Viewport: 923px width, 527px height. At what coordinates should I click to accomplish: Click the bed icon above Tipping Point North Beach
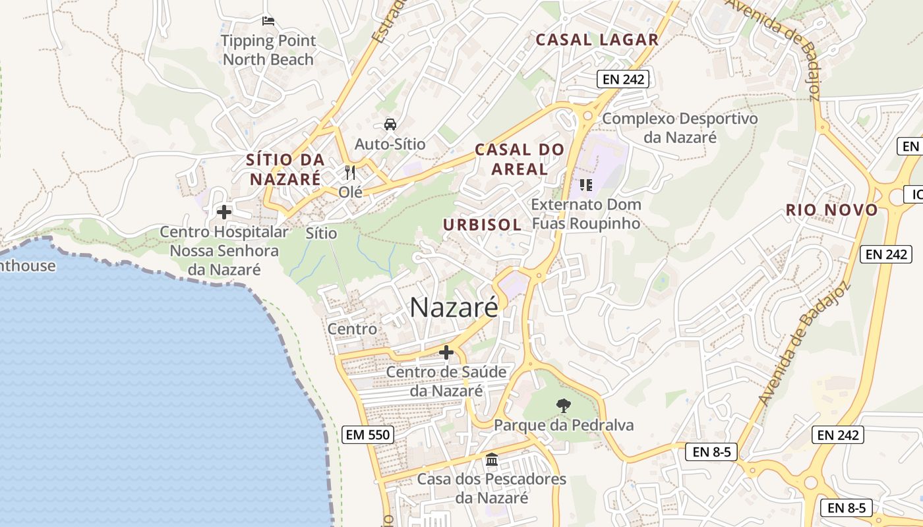pyautogui.click(x=268, y=21)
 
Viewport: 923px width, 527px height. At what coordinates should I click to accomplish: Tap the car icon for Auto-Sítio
pyautogui.click(x=390, y=124)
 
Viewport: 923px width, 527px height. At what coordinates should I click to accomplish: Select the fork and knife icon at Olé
pyautogui.click(x=350, y=173)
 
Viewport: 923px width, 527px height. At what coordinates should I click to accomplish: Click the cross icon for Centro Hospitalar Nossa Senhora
pyautogui.click(x=224, y=212)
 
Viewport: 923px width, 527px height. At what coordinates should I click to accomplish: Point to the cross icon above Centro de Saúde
pyautogui.click(x=446, y=352)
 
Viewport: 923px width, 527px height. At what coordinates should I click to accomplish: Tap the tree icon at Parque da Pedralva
pyautogui.click(x=563, y=405)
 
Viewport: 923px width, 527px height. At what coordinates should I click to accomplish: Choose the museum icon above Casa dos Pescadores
pyautogui.click(x=491, y=459)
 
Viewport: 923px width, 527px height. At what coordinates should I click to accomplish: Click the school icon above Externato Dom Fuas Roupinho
pyautogui.click(x=585, y=185)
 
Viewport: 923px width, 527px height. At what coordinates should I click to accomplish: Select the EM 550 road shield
pyautogui.click(x=369, y=435)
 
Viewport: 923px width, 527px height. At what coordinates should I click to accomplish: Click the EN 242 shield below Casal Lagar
pyautogui.click(x=623, y=80)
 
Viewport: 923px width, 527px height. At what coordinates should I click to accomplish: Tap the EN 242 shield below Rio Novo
pyautogui.click(x=885, y=254)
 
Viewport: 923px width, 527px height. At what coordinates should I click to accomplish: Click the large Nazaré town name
pyautogui.click(x=454, y=308)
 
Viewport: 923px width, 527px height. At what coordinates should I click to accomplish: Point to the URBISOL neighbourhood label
pyautogui.click(x=482, y=225)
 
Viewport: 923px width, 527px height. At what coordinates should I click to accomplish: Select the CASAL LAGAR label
pyautogui.click(x=597, y=40)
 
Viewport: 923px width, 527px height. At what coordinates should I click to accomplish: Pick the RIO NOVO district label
pyautogui.click(x=831, y=210)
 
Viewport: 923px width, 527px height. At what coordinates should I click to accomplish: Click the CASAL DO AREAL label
pyautogui.click(x=520, y=159)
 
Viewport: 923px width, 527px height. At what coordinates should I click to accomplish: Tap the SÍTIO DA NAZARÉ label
pyautogui.click(x=285, y=169)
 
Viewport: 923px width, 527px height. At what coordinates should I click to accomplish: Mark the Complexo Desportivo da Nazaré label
pyautogui.click(x=680, y=128)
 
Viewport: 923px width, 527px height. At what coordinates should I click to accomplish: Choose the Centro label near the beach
pyautogui.click(x=353, y=329)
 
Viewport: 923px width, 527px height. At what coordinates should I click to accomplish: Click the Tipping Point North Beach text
pyautogui.click(x=268, y=50)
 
